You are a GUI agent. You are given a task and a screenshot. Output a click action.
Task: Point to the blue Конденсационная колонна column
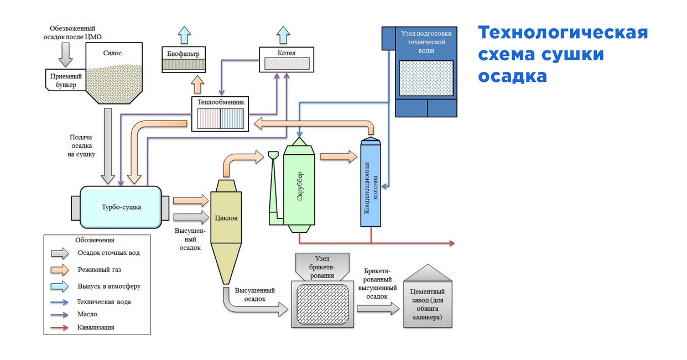coord(371,185)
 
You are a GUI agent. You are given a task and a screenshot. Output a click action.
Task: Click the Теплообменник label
coord(220,102)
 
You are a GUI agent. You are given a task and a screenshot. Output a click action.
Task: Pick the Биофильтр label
coord(184,54)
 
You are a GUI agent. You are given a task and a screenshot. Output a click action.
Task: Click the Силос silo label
coord(112,53)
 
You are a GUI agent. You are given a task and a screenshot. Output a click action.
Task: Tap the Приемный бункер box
coord(65,80)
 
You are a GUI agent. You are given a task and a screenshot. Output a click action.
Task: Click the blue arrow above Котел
coord(283,34)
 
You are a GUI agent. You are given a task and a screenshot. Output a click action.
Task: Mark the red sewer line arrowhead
coord(451,243)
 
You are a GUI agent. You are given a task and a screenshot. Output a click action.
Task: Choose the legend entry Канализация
coord(96,327)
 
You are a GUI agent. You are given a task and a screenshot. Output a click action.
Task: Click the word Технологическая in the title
coord(563,33)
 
